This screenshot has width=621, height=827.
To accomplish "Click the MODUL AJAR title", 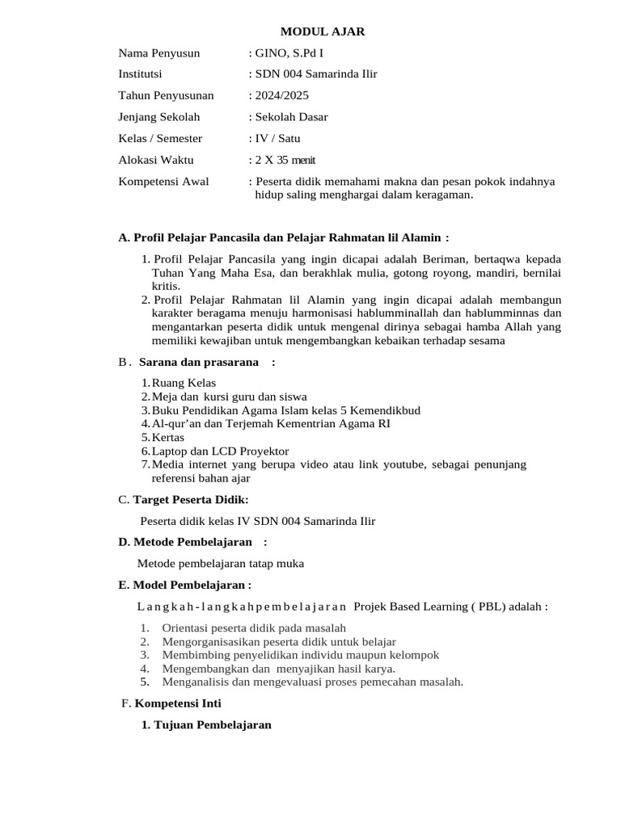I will tap(323, 31).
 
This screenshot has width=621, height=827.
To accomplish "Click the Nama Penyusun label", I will tap(158, 53).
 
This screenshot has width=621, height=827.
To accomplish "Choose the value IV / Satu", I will tap(277, 138).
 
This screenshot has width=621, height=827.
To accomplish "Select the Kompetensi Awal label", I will tap(163, 181).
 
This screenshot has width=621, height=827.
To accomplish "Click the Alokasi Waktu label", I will tap(156, 160).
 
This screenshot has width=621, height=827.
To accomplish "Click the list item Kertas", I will tap(168, 437).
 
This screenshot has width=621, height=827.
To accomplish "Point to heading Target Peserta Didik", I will tap(184, 500).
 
